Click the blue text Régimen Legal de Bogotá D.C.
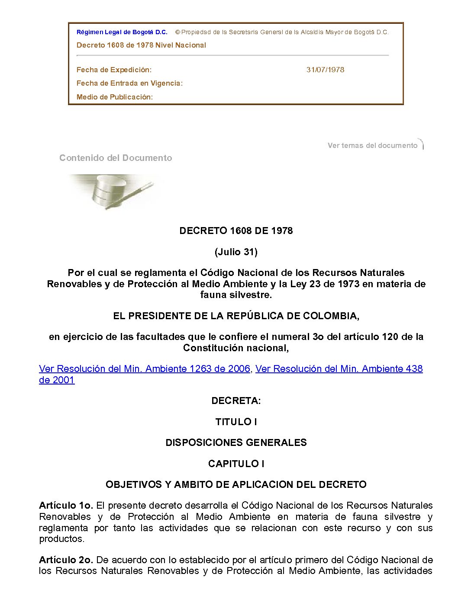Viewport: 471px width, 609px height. click(122, 32)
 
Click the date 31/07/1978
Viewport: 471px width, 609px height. click(325, 70)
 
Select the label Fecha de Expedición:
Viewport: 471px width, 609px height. click(114, 70)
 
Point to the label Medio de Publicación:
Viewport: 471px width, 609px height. click(115, 97)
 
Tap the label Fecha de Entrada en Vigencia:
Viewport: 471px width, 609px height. click(129, 83)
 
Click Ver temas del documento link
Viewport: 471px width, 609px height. click(372, 145)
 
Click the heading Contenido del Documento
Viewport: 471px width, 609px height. click(116, 158)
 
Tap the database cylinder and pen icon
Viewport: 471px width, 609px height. click(113, 192)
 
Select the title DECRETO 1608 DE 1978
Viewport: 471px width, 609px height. click(236, 231)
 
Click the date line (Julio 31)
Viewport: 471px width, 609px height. click(236, 252)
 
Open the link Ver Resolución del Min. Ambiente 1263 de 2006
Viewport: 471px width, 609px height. click(145, 369)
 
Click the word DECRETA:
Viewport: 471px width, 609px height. click(236, 401)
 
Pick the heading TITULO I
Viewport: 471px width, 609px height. click(236, 422)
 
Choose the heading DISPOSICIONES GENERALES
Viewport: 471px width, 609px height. click(236, 442)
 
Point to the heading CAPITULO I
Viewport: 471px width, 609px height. click(236, 464)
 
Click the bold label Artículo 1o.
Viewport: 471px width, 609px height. click(66, 505)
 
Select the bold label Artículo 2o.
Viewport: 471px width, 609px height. click(66, 560)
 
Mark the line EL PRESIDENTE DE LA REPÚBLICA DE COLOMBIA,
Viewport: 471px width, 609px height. click(236, 316)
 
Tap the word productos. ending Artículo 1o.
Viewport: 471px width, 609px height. click(61, 539)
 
